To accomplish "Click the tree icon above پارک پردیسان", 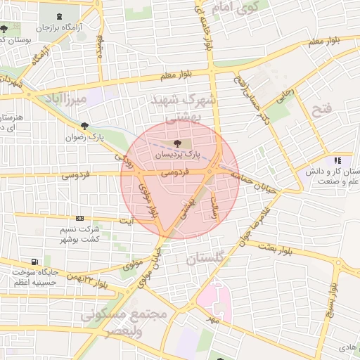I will coord(176,143).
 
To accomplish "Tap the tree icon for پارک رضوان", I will coord(85,127).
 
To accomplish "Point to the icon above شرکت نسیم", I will coord(79,219).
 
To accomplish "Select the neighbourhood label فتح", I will coord(321,109).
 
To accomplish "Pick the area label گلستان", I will coord(208,259).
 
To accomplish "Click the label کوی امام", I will coord(244,8).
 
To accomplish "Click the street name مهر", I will coord(212,320).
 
